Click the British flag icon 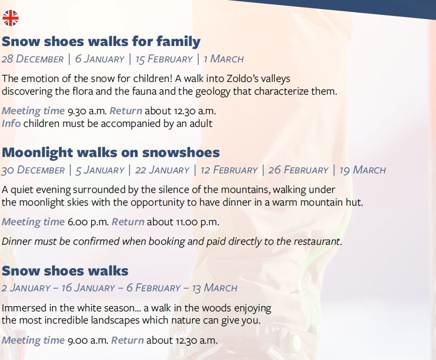11,18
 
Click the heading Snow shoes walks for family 101,42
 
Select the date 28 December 33,59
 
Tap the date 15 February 164,59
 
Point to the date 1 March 224,59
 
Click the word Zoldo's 242,78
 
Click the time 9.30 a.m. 87,111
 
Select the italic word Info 11,123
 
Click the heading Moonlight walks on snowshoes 110,152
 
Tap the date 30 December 33,170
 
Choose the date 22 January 162,170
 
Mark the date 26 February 299,170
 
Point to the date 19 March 363,170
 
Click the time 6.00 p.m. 88,222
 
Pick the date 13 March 215,288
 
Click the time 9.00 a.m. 88,340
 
